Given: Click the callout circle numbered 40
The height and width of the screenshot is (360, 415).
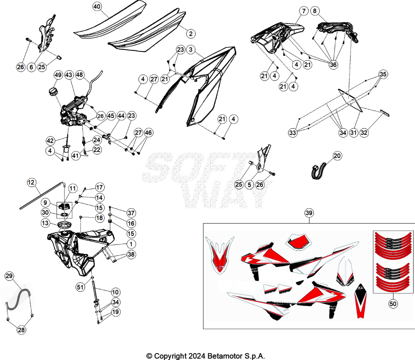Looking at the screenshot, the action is pos(97,6).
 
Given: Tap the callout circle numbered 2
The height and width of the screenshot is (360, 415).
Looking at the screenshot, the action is pos(191,34).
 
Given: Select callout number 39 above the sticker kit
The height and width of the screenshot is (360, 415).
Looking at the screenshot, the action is pos(309,213).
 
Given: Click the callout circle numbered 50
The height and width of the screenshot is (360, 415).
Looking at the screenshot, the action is pos(393,304).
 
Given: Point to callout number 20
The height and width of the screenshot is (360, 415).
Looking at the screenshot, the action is pos(337,156).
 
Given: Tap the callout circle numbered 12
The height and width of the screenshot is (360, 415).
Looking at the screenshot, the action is pos(31,182).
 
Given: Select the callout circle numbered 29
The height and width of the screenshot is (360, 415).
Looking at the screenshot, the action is pos(9,276).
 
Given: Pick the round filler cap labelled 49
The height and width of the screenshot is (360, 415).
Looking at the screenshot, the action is pos(53,92).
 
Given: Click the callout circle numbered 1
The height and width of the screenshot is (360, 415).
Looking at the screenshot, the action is pos(131,244).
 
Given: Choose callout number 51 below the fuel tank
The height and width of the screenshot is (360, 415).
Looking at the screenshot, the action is pos(80,287).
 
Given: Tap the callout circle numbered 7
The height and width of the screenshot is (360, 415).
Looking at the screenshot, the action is pos(304,11).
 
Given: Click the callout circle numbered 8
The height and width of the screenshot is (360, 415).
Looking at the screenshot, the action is pos(314,11).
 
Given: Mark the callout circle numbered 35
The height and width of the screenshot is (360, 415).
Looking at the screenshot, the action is pos(383,74).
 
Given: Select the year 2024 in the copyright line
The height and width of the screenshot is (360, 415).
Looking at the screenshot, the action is pos(197,356).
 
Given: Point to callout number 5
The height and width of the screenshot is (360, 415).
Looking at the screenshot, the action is pos(249,184).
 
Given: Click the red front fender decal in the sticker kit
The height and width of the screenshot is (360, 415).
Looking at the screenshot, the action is pos(220,255).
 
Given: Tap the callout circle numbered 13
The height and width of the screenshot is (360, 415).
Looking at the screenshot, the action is pos(45,223).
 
